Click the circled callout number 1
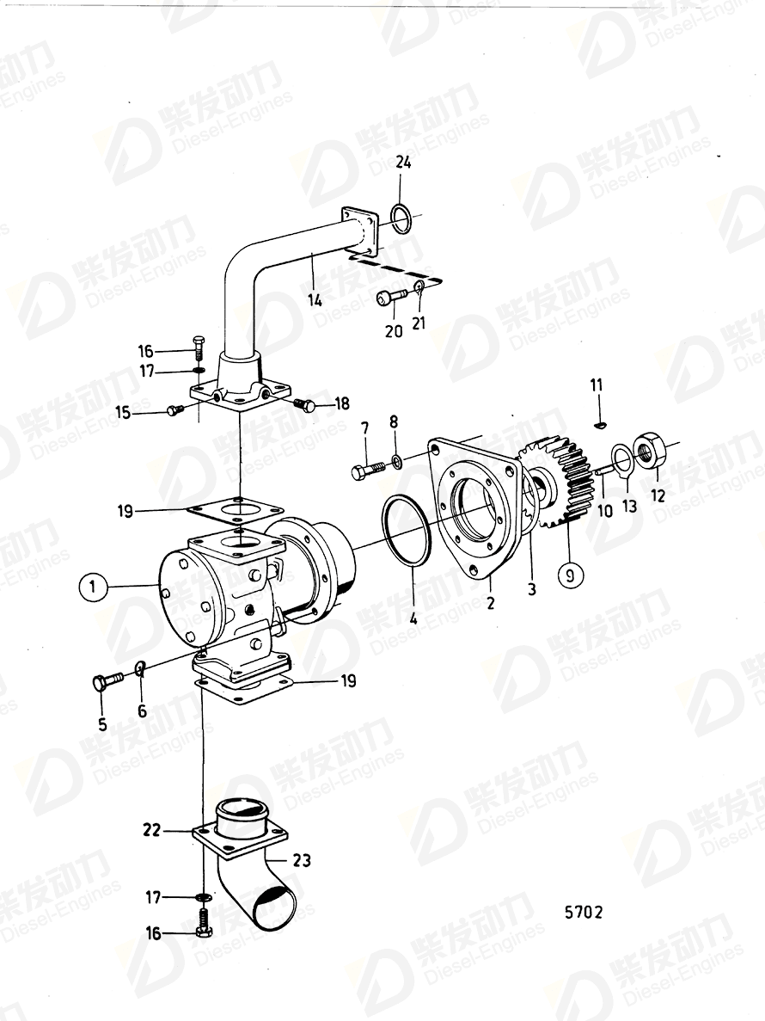click(x=92, y=587)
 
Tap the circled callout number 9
click(x=571, y=574)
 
